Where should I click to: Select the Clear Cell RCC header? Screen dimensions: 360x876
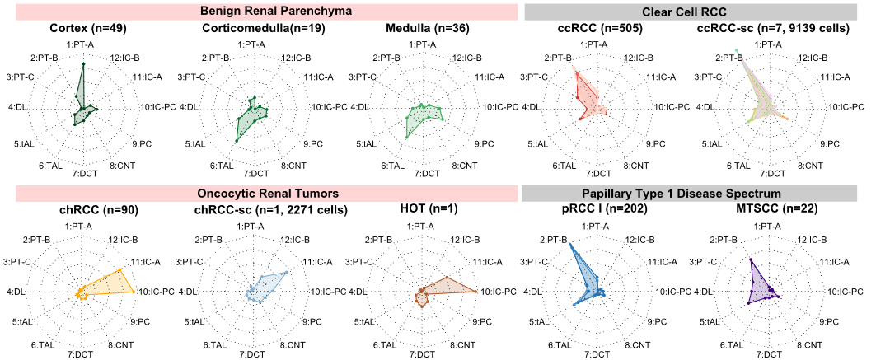[692, 12]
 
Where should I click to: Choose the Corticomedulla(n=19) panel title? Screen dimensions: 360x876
[255, 29]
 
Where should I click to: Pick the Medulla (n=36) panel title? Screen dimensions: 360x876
[426, 29]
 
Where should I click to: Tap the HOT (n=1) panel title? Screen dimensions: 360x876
[426, 210]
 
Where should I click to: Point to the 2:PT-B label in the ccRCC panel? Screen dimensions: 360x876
[557, 58]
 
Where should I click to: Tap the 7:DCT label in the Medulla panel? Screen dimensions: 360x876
[426, 173]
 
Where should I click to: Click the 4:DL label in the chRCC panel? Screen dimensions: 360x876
[16, 292]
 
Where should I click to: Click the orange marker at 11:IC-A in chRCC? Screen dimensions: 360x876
[119, 270]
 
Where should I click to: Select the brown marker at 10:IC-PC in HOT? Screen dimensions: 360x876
[476, 291]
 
